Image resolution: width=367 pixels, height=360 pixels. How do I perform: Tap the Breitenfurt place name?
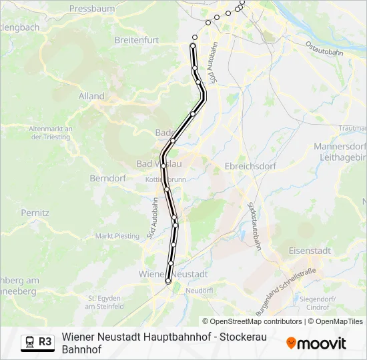coord(136,40)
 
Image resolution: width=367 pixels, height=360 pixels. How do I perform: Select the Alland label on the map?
coord(91,96)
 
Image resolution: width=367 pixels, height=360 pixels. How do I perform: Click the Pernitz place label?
coord(35,213)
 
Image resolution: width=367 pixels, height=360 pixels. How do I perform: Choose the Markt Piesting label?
coord(117,236)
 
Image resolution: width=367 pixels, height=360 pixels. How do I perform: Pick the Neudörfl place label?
coord(200,291)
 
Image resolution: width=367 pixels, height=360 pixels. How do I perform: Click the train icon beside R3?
coord(30,341)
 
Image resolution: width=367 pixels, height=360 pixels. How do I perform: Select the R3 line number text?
coord(45,341)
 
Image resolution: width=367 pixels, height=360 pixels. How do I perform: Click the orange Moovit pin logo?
coord(291,343)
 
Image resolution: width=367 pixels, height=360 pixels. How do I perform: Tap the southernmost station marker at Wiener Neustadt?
coord(168,281)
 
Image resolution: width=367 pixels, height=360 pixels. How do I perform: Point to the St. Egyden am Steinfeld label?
coord(105,302)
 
